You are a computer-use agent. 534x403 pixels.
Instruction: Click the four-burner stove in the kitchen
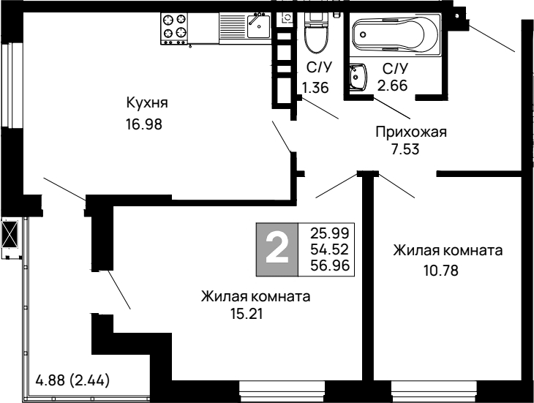175,27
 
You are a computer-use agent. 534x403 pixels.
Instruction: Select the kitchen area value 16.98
143,124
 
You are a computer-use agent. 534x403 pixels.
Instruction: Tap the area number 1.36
315,87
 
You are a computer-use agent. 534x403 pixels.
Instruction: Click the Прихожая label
410,132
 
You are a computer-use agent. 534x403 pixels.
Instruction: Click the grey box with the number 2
277,249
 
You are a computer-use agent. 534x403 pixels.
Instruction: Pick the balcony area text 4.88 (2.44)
73,380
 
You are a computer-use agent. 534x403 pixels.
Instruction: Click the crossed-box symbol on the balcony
11,236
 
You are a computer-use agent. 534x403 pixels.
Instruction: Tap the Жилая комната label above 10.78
447,250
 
